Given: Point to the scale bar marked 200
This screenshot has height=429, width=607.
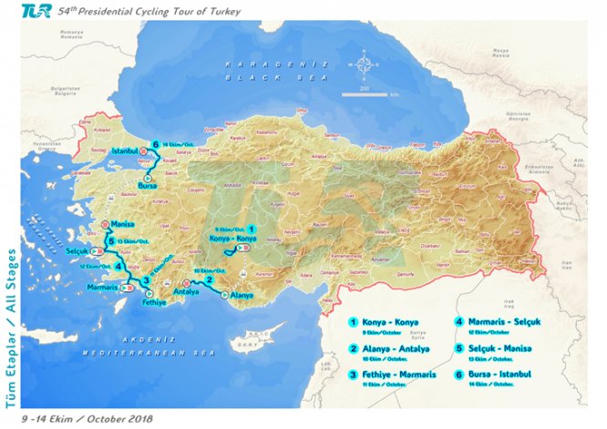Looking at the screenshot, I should coord(365,92).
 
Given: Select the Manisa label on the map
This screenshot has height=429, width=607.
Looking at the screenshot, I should coord(124,223).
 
